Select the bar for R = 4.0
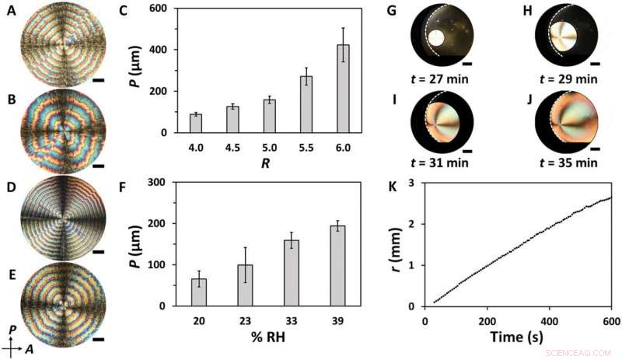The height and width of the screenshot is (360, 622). coord(196,124)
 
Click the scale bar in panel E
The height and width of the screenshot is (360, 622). coord(97,339)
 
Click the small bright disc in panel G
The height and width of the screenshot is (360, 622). coord(437,38)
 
